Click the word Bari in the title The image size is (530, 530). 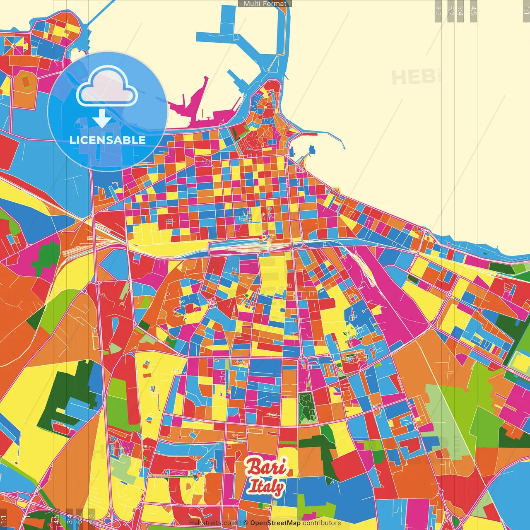[266, 467]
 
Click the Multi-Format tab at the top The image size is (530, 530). [265, 4]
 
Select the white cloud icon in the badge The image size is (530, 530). [107, 87]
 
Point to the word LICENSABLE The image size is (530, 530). [108, 140]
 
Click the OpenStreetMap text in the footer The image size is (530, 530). [275, 523]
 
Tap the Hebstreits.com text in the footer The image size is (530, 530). [212, 523]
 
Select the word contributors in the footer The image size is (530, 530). [322, 523]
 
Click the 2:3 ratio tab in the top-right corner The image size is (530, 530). [438, 11]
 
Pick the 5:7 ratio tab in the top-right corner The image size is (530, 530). [450, 11]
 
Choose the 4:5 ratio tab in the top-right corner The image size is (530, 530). [474, 11]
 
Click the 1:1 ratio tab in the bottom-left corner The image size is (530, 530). [3, 519]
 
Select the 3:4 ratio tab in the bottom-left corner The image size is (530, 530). [69, 519]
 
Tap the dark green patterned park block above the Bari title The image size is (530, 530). [307, 407]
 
